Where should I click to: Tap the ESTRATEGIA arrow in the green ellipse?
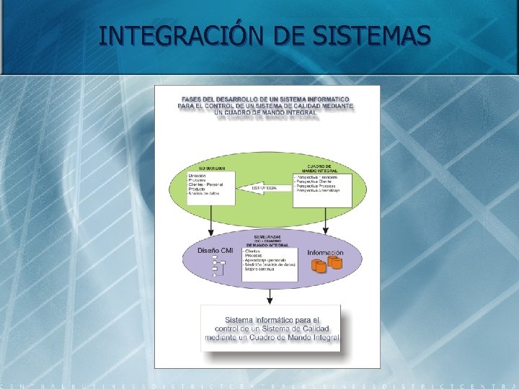(263, 187)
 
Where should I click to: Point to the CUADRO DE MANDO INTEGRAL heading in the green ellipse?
(324, 166)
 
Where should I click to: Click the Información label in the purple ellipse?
(325, 253)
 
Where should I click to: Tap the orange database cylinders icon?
(326, 265)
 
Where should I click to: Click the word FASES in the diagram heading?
(192, 99)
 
